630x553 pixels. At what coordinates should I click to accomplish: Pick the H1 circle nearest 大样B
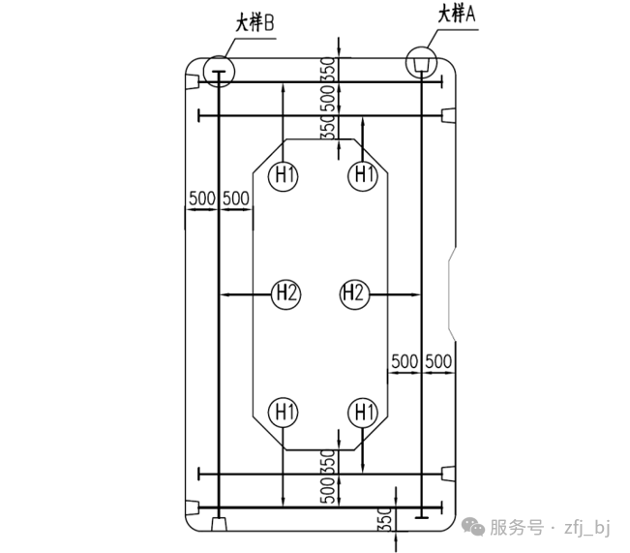285,176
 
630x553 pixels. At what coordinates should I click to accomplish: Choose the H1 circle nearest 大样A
363,176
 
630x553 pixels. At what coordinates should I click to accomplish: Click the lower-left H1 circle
285,413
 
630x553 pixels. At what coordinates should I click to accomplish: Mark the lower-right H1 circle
362,413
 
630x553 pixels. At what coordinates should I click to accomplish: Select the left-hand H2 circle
285,292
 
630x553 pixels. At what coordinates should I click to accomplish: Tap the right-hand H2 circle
354,292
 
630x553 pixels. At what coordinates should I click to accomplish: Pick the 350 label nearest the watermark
385,519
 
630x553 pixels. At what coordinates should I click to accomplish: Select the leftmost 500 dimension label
201,199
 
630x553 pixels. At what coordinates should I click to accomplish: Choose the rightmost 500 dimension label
438,361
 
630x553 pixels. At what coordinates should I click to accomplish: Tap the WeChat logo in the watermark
473,526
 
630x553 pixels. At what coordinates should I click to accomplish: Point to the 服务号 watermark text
516,527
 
